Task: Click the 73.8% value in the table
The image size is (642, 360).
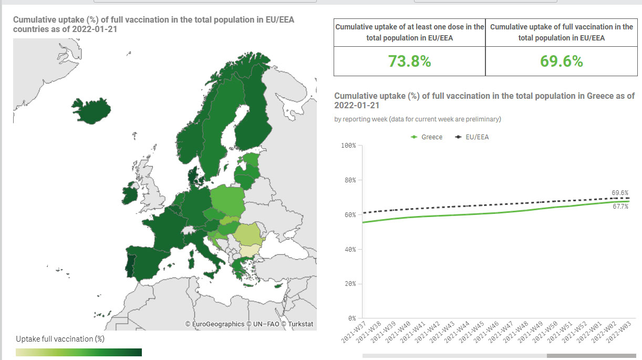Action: click(x=410, y=61)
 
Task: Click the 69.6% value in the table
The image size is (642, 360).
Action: click(x=562, y=61)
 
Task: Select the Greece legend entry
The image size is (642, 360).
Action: click(x=427, y=137)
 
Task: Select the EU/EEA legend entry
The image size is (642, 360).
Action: click(x=472, y=137)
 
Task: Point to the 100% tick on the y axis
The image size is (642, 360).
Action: click(x=348, y=146)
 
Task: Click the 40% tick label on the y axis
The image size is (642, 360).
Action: click(x=350, y=249)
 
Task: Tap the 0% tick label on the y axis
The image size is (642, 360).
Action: click(x=352, y=318)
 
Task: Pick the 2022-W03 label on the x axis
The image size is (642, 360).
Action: click(x=619, y=332)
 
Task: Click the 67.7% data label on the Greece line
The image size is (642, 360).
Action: click(x=620, y=207)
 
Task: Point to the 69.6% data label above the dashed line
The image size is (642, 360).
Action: click(x=620, y=192)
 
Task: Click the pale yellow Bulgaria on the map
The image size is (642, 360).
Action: click(x=250, y=250)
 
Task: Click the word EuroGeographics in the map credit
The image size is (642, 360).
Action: click(x=218, y=324)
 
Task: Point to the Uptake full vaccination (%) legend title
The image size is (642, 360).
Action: click(x=60, y=339)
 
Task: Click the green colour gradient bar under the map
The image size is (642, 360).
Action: click(x=79, y=352)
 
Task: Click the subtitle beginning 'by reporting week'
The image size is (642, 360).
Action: click(x=418, y=119)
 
